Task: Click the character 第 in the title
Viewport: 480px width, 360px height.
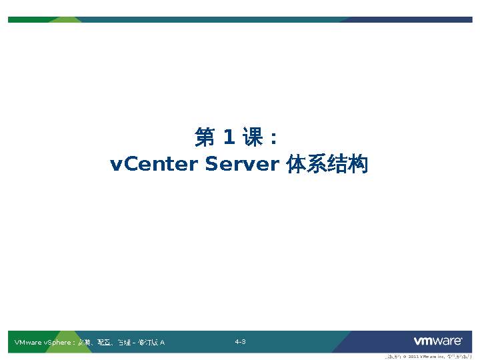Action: [x=205, y=138]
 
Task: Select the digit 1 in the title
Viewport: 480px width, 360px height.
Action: [x=229, y=138]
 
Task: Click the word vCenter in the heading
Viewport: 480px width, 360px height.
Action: [x=154, y=164]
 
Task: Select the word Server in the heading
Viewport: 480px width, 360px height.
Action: [x=241, y=164]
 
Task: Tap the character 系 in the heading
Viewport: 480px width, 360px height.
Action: [x=317, y=164]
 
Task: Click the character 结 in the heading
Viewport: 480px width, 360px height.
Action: [x=337, y=164]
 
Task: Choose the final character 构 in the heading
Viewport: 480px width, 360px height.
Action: [x=358, y=164]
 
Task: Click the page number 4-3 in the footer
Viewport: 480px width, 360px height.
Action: [x=240, y=342]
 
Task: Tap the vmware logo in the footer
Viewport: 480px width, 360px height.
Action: [x=438, y=341]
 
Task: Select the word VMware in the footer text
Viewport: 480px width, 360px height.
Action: [x=27, y=343]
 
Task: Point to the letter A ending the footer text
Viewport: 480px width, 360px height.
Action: [x=162, y=343]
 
